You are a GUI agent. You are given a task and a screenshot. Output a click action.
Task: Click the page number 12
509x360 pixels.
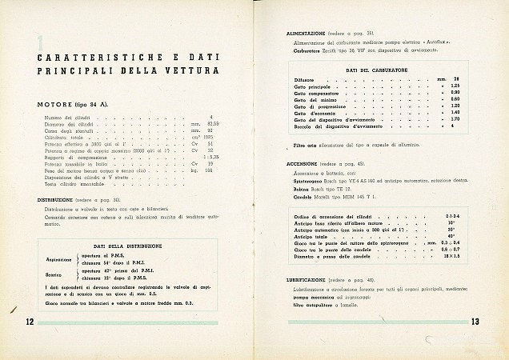click(x=28, y=322)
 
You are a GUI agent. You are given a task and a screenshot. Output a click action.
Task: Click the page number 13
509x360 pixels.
click(x=475, y=322)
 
